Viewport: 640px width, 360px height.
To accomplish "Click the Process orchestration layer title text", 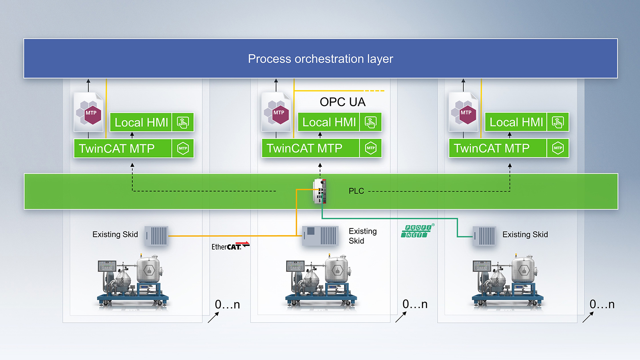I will click(320, 59).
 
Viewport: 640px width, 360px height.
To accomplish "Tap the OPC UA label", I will click(342, 102).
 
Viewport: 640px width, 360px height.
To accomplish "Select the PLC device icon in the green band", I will click(320, 191).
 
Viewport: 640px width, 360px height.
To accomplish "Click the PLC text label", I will click(356, 191).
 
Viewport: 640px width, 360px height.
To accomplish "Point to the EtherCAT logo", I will click(230, 246).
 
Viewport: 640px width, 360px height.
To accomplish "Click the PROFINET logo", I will click(416, 231).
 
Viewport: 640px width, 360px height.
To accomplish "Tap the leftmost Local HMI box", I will click(141, 122).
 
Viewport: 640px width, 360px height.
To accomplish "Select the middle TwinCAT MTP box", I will click(311, 148).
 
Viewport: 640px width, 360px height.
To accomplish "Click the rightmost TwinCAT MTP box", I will click(498, 148).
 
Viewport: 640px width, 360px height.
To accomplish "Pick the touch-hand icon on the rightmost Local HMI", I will click(558, 122).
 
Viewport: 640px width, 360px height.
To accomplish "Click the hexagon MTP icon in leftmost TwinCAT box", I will click(183, 148).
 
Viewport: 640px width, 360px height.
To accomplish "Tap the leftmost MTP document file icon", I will click(89, 112).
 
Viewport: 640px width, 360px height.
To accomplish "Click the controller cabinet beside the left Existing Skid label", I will click(156, 236).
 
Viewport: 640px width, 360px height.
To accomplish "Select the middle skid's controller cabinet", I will click(320, 236).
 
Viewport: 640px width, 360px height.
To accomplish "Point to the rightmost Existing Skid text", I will click(525, 235).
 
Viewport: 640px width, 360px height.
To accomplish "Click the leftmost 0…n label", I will click(227, 305).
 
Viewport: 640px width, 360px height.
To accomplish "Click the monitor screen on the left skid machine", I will click(107, 266).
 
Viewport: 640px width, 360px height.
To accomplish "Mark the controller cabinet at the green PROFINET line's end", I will click(484, 236).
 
